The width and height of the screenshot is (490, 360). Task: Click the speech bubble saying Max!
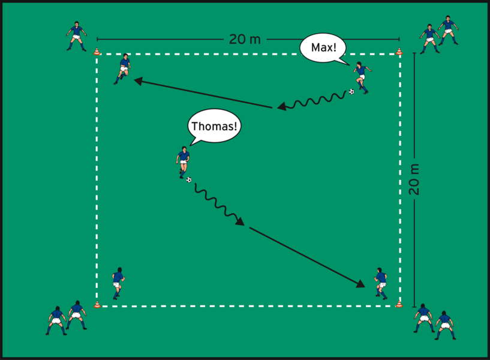323,47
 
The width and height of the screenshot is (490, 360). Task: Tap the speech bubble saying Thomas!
213,126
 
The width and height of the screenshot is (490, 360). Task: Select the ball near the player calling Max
351,92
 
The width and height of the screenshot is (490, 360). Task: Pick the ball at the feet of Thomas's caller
189,179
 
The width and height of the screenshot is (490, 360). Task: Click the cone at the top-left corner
97,52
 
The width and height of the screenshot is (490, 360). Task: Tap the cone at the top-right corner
399,52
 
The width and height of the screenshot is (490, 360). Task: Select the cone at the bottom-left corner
97,304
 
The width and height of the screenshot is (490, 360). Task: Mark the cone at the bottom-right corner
399,304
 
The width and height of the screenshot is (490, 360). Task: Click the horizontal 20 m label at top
245,40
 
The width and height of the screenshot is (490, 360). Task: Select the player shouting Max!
360,77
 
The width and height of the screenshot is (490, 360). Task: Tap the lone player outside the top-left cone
76,37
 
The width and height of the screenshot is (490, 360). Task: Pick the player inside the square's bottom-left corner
118,283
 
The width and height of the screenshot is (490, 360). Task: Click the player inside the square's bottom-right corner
380,283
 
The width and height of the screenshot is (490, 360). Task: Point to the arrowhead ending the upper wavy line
281,106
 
